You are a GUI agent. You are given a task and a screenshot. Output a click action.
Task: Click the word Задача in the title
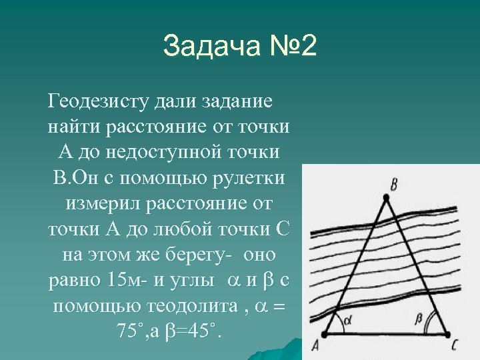tap(203, 48)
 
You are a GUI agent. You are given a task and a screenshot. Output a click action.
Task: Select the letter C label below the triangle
tap(455, 345)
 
